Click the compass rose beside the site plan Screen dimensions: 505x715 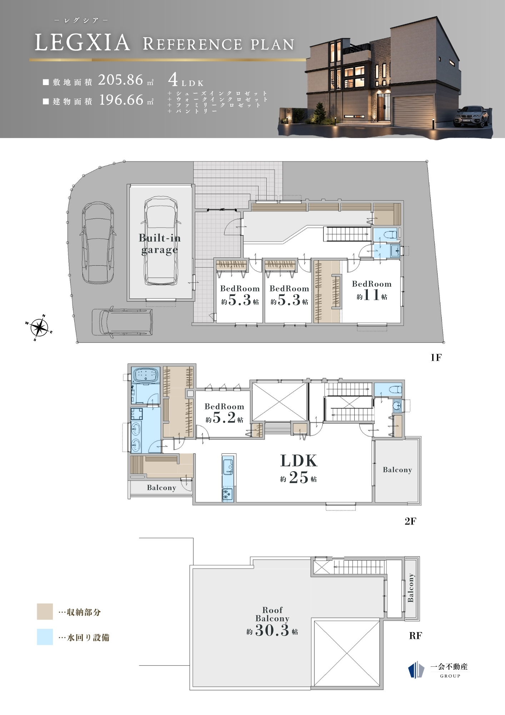click(39, 327)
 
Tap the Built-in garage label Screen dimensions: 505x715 click(160, 244)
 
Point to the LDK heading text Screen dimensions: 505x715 click(299, 461)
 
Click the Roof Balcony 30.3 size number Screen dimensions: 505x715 click(272, 630)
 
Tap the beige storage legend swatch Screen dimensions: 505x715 click(45, 612)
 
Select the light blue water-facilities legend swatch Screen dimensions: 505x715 click(45, 637)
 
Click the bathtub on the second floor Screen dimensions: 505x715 click(146, 375)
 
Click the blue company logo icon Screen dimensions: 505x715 click(416, 670)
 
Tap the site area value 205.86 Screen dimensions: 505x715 click(121, 80)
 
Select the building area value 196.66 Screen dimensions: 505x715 click(121, 100)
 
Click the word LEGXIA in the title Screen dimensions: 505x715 click(82, 43)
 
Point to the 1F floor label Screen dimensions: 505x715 click(436, 357)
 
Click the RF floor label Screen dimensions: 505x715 click(416, 636)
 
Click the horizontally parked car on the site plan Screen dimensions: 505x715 click(122, 322)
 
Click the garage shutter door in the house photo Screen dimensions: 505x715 click(413, 110)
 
